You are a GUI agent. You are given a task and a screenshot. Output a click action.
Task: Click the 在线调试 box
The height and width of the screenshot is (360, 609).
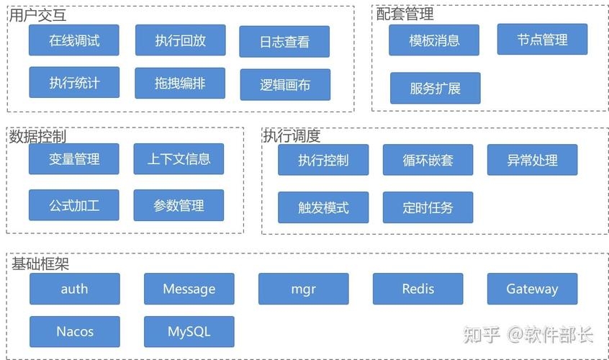(x=74, y=40)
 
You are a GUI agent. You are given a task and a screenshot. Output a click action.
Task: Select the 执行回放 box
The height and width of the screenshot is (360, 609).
(x=180, y=40)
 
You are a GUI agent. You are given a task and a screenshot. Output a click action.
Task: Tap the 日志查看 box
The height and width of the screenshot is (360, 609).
(x=284, y=42)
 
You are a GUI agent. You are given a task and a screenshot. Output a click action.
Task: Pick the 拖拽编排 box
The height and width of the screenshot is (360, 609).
(x=180, y=83)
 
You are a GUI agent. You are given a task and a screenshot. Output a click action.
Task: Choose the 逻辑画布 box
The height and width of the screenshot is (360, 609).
(x=285, y=84)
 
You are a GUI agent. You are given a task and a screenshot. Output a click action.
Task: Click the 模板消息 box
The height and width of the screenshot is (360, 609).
(x=434, y=40)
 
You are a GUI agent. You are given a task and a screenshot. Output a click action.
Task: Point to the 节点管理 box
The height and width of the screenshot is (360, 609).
(x=542, y=40)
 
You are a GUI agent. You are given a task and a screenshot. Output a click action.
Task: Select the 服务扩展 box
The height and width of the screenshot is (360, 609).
(x=435, y=89)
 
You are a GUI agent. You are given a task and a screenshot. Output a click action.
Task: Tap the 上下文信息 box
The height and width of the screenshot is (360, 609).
(x=179, y=159)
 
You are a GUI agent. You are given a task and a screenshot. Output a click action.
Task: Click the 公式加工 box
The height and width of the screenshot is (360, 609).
(x=74, y=205)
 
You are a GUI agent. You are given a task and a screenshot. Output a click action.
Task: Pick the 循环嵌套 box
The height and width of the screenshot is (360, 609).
(x=428, y=160)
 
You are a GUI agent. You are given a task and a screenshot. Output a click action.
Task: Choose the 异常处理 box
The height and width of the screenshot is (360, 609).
(x=532, y=160)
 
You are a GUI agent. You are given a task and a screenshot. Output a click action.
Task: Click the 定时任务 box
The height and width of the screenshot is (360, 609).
(x=428, y=207)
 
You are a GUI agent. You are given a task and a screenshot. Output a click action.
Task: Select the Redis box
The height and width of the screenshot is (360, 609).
(x=418, y=289)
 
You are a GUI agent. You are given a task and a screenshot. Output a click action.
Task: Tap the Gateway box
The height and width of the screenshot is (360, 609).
(x=532, y=289)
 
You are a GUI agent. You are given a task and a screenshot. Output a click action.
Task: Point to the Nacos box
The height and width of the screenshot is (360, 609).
(x=75, y=332)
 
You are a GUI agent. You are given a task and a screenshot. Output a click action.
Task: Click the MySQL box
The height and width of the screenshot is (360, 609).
(x=189, y=332)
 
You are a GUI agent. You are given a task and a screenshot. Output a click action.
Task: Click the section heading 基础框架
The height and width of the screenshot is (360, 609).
(x=40, y=264)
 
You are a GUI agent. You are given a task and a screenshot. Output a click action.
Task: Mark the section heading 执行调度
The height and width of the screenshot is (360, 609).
(x=292, y=136)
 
